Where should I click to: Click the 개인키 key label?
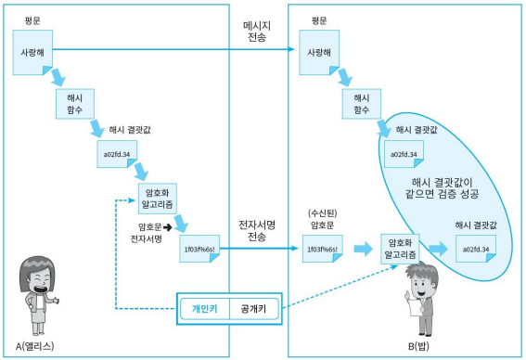[205, 309]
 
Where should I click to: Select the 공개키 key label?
[253, 309]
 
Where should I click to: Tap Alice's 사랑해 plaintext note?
[32, 52]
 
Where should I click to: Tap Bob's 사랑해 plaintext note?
[319, 52]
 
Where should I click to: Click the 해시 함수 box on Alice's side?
[75, 104]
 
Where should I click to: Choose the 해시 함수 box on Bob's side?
[361, 104]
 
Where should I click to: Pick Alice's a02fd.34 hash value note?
[117, 154]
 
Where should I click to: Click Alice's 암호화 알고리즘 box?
[158, 199]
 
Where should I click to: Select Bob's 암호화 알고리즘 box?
[400, 249]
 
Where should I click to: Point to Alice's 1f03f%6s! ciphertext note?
[199, 249]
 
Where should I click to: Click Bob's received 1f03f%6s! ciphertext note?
[323, 249]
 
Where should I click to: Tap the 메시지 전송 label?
[257, 32]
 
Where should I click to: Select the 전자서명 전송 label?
[257, 231]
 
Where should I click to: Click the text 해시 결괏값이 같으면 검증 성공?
[442, 188]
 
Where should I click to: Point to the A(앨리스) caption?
[35, 346]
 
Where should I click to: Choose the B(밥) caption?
[418, 346]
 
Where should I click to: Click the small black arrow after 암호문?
[167, 227]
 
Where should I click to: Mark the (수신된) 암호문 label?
[323, 219]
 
